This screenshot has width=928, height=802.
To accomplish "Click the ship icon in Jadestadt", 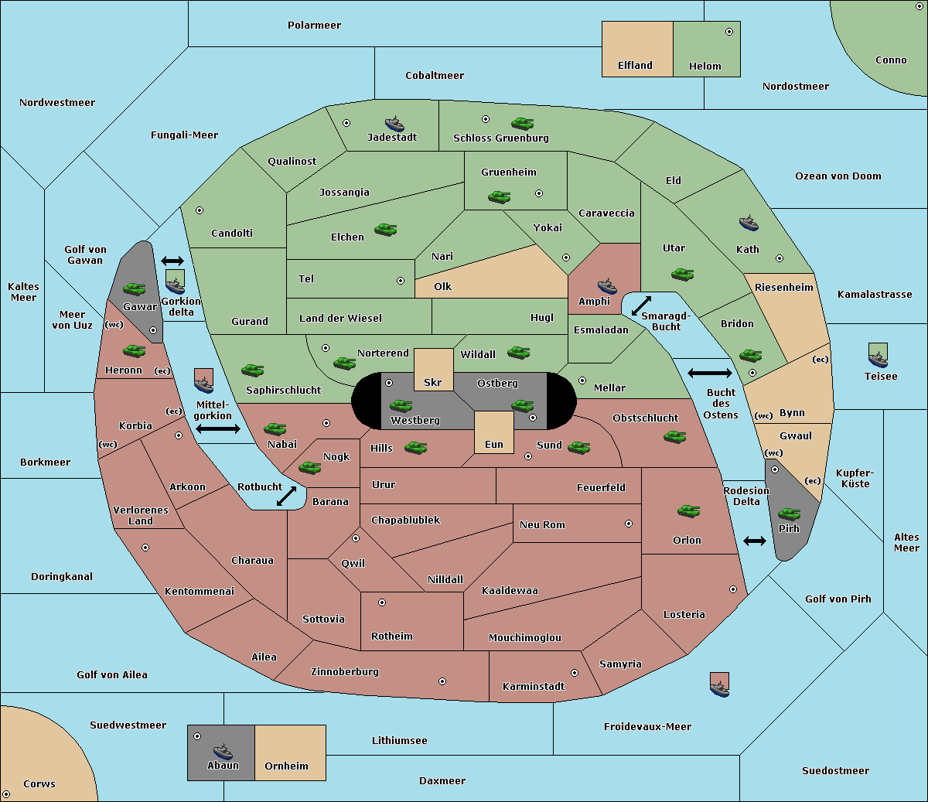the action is click(x=394, y=123).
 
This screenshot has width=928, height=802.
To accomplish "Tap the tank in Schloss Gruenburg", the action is click(x=522, y=123).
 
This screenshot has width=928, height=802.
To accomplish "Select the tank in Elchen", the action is click(x=386, y=230).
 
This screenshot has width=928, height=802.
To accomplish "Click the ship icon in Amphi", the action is click(x=607, y=286).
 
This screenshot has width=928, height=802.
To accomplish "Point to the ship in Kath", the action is click(x=749, y=224).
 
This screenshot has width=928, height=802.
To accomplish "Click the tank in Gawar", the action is click(x=135, y=288).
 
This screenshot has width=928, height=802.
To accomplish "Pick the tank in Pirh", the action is click(x=789, y=514).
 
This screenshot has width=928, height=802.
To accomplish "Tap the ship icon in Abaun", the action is click(x=223, y=752).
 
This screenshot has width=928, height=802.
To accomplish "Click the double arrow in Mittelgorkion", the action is click(x=218, y=428).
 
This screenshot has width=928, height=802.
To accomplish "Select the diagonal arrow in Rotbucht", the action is click(x=286, y=496).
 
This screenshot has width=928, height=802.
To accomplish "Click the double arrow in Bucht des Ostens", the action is click(x=710, y=373).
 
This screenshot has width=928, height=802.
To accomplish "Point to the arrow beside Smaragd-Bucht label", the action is click(x=641, y=305).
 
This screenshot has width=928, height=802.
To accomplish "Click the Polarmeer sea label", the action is click(x=314, y=26).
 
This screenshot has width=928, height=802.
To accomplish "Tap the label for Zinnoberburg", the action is click(x=345, y=672).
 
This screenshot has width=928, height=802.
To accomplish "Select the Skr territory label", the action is click(x=433, y=382).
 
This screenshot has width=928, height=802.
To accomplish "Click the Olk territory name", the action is click(x=442, y=286).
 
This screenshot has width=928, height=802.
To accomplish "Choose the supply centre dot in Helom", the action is click(x=729, y=32).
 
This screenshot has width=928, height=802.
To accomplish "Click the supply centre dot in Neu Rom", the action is click(x=629, y=524).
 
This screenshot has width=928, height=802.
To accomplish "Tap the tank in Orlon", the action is click(x=689, y=511).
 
